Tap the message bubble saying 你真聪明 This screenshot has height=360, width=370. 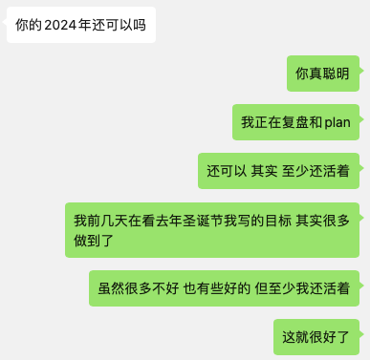point(323,74)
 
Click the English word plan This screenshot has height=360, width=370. point(337,123)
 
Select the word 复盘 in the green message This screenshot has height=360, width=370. point(289,122)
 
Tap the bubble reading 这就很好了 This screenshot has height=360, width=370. point(316,337)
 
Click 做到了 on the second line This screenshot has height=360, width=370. point(94,241)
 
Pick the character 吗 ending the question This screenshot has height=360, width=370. point(140,25)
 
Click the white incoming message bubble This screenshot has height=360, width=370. point(81,25)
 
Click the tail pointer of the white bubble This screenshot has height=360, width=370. point(5,22)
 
